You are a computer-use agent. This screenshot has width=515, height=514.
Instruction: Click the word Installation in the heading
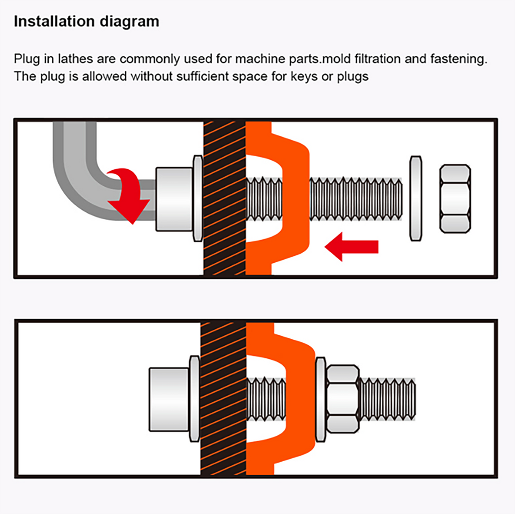[x=54, y=21]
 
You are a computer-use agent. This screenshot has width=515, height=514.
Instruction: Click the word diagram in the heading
[x=129, y=22]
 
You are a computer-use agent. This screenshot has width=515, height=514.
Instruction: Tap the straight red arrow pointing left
[x=351, y=247]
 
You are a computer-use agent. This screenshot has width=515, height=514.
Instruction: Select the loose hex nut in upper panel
[x=455, y=199]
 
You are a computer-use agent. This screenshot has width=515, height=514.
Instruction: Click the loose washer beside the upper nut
[x=415, y=199]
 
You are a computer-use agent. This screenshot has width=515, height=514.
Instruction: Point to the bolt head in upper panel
[x=174, y=199]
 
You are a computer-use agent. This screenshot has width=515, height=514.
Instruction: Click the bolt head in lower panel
[x=169, y=399]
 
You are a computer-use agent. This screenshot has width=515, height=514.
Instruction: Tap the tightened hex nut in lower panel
[x=342, y=399]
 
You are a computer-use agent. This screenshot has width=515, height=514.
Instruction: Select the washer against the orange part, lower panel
[x=320, y=399]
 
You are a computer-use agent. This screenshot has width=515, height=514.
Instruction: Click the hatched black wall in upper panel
[x=224, y=198]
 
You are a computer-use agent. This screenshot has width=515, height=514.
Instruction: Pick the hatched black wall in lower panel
[x=223, y=399]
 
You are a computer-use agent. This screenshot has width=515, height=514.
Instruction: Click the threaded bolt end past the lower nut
[x=388, y=399]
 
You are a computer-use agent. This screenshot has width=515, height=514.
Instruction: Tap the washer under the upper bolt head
[x=198, y=198]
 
